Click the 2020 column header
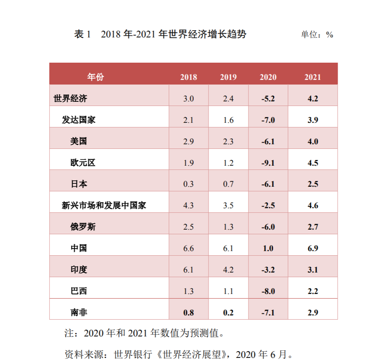pyautogui.click(x=268, y=77)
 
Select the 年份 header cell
pyautogui.click(x=95, y=77)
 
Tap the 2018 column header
pyautogui.click(x=188, y=77)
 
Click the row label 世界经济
pyautogui.click(x=70, y=99)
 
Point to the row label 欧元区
pyautogui.click(x=83, y=163)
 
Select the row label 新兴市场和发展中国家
pyautogui.click(x=104, y=206)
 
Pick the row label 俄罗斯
pyautogui.click(x=83, y=227)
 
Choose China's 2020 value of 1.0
pyautogui.click(x=268, y=249)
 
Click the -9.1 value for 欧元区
pyautogui.click(x=268, y=163)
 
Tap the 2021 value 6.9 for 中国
pyautogui.click(x=312, y=249)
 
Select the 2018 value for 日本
pyautogui.click(x=188, y=184)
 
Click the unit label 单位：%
pyautogui.click(x=317, y=35)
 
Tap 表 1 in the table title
pyautogui.click(x=82, y=34)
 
